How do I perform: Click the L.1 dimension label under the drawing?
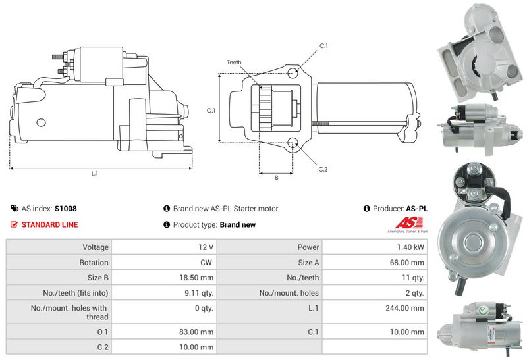pos(94,174)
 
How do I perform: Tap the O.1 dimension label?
pos(211,111)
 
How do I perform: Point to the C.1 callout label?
pos(323,45)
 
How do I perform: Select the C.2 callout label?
pos(323,169)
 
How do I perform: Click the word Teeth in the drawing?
pos(234,63)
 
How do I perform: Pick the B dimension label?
pos(276,178)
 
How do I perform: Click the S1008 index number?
pos(65,209)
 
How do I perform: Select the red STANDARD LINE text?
pos(49,225)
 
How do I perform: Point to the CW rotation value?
pos(206,263)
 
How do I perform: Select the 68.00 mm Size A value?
pos(408,263)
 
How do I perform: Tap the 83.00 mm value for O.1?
pos(198,332)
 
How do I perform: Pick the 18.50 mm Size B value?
pos(198,278)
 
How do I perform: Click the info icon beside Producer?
pos(366,209)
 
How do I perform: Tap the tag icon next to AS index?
pos(14,209)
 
